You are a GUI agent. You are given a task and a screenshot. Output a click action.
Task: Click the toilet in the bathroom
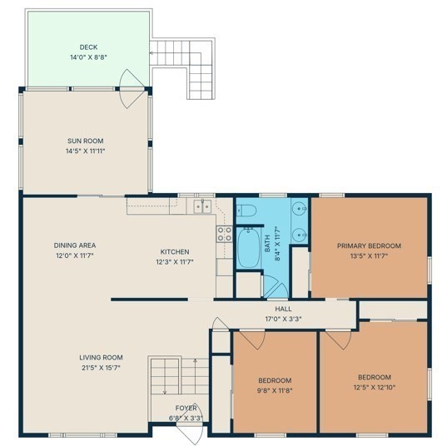(246, 211)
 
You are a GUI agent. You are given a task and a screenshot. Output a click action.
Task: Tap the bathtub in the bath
(248, 247)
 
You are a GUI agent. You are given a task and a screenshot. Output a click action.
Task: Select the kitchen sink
(202, 206)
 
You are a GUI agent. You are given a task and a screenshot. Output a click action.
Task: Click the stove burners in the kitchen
(224, 234)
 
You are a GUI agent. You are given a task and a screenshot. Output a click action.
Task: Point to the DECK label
(88, 47)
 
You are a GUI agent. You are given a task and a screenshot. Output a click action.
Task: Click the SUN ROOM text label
(86, 141)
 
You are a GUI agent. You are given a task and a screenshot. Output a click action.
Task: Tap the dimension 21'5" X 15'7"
(101, 368)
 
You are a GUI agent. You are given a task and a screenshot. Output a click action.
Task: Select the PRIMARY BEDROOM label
(369, 245)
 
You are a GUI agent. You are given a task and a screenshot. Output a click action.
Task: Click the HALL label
(283, 309)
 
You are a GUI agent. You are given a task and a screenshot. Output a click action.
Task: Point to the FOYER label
(186, 409)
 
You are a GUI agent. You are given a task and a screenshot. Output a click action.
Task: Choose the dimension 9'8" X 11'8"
(275, 390)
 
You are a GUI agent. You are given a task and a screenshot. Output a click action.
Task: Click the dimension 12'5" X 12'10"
(375, 388)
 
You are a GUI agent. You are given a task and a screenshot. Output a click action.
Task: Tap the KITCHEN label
(175, 252)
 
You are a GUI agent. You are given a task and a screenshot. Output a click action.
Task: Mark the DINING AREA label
(75, 245)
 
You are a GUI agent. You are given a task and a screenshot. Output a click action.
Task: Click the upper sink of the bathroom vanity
(300, 208)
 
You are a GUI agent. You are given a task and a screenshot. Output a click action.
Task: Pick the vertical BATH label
(267, 243)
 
